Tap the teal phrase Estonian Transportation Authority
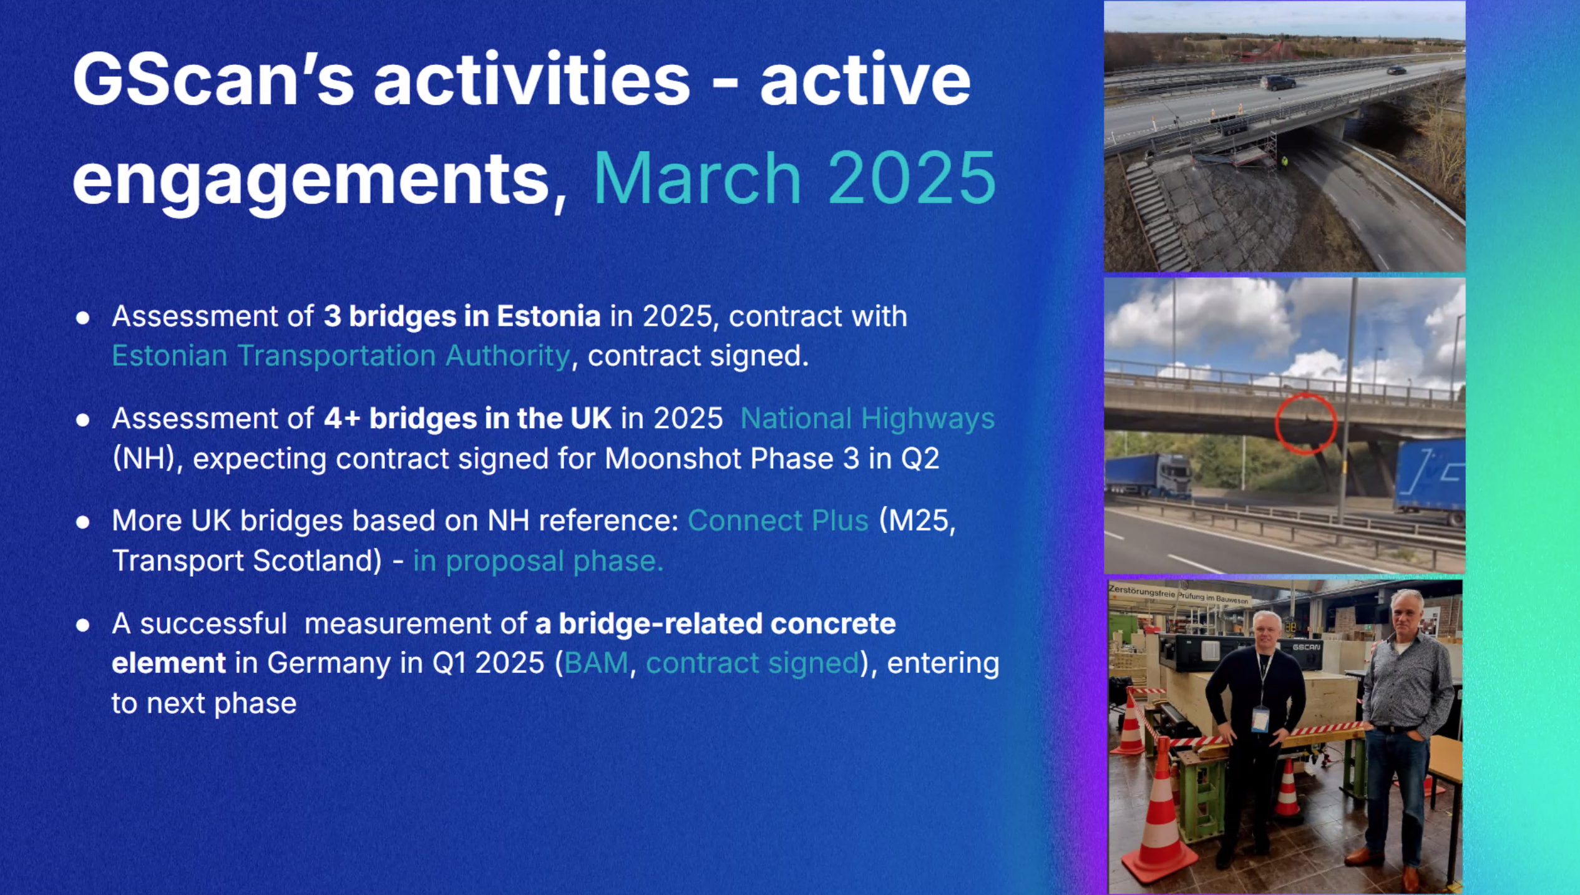(x=341, y=356)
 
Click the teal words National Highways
(x=867, y=418)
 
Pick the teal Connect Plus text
(x=778, y=521)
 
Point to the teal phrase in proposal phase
(x=538, y=560)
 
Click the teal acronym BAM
(x=596, y=663)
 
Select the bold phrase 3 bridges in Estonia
(x=462, y=316)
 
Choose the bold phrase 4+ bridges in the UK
(x=467, y=418)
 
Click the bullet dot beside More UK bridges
(x=82, y=522)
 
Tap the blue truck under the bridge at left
(x=1148, y=476)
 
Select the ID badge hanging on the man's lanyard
(x=1260, y=719)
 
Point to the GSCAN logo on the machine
(x=1306, y=647)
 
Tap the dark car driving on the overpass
(x=1277, y=83)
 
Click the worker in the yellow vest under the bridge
(x=1284, y=162)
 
